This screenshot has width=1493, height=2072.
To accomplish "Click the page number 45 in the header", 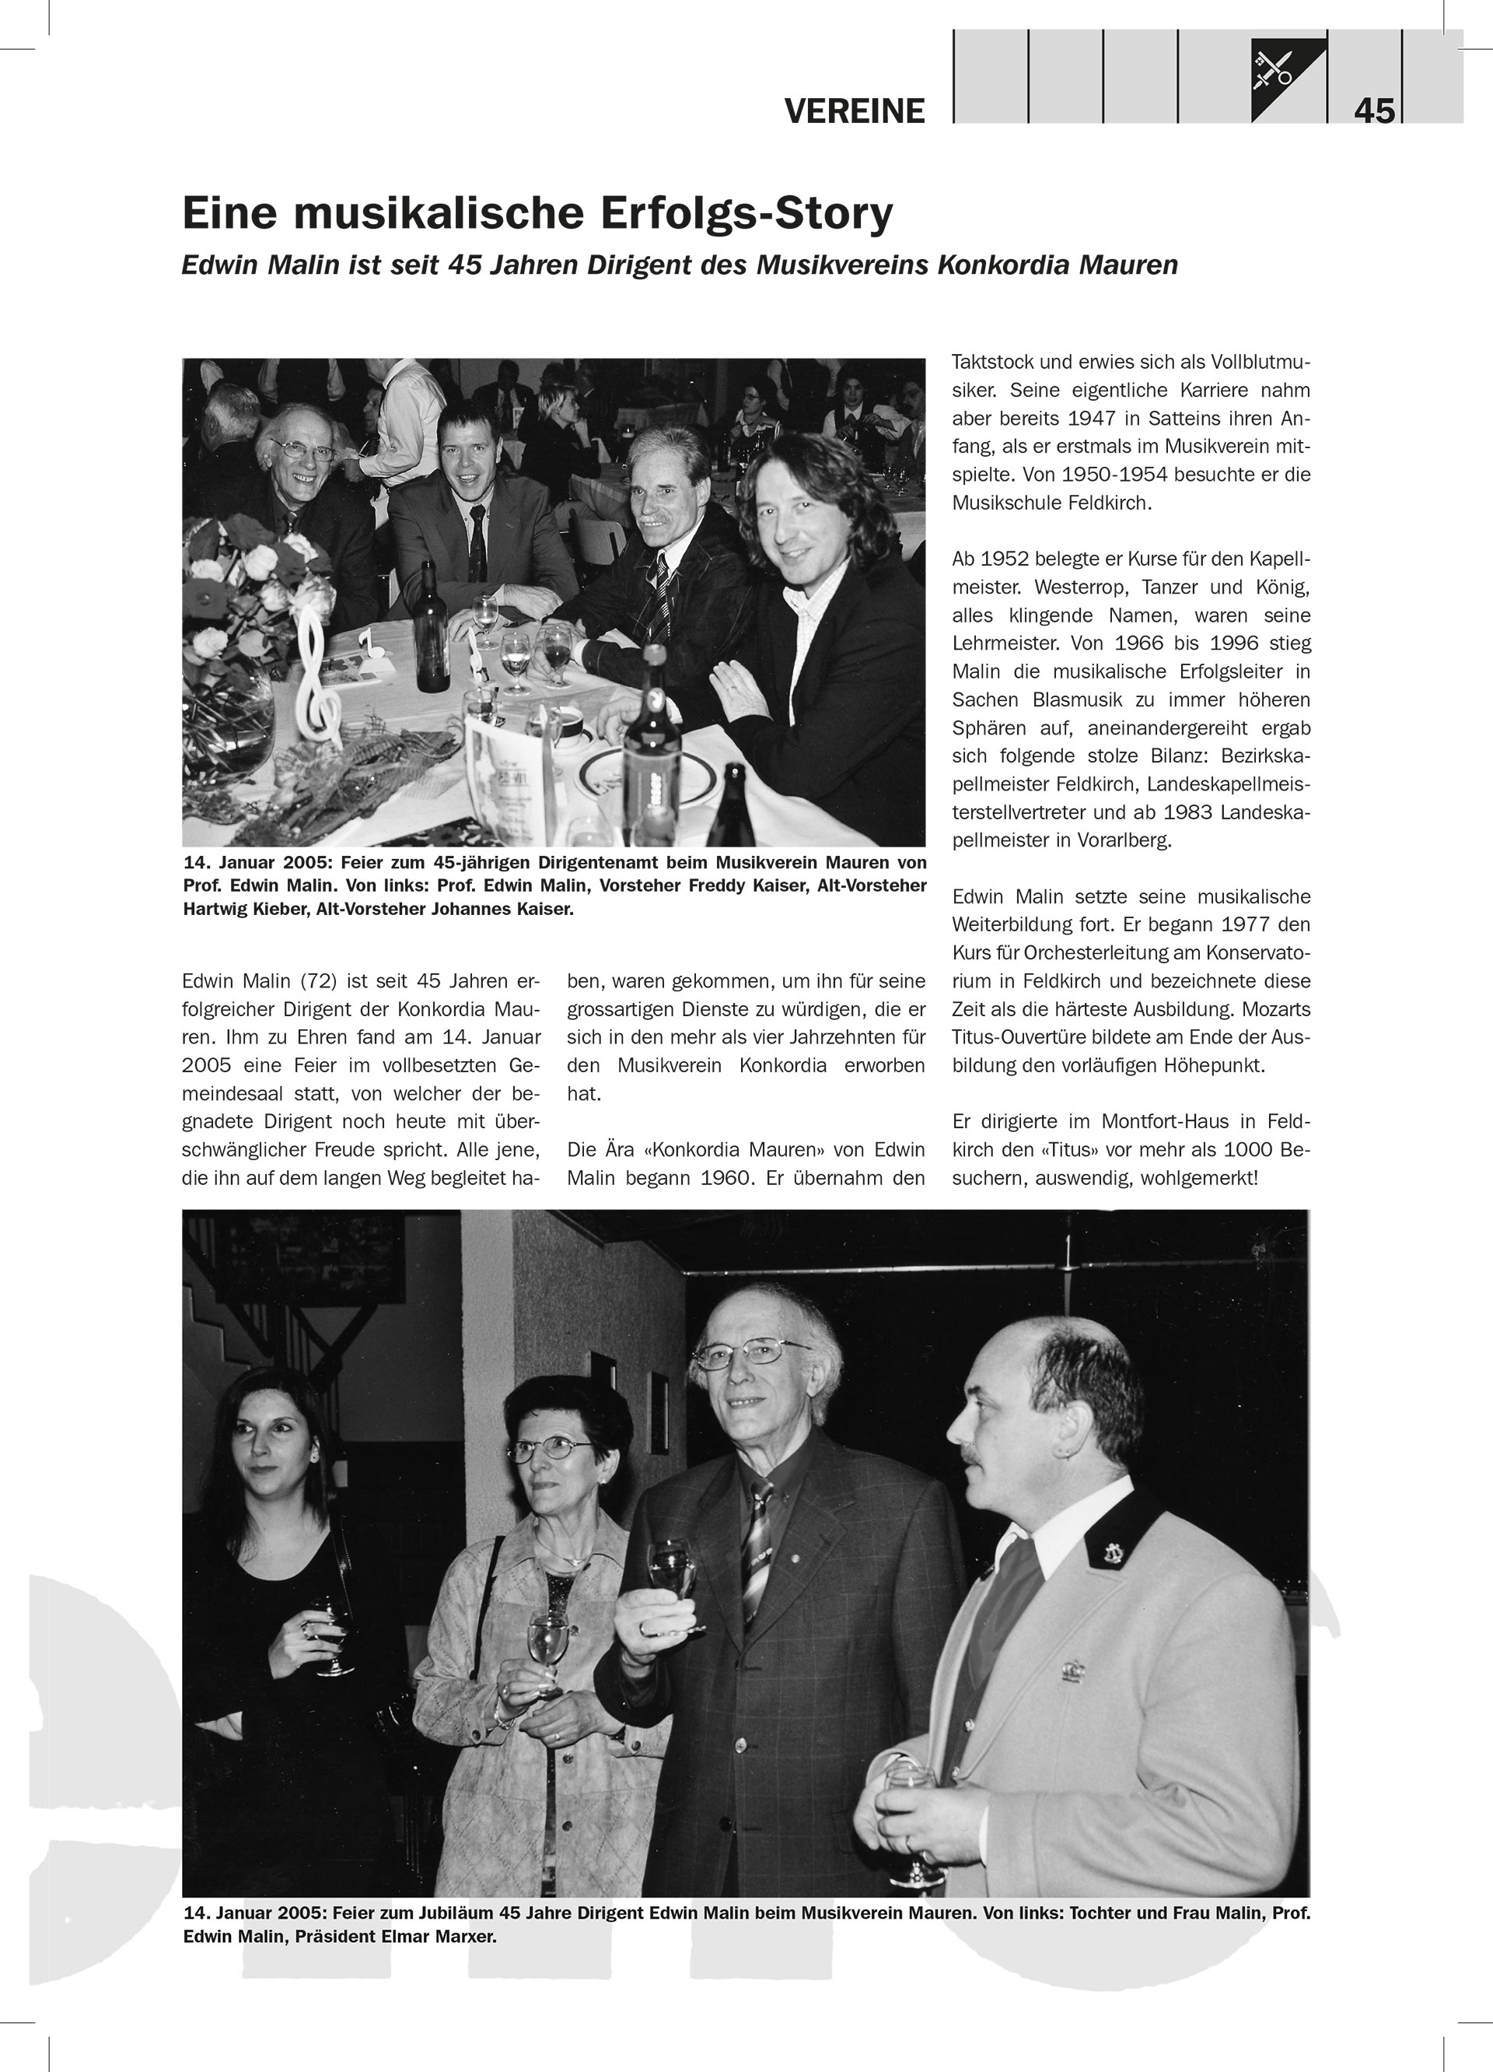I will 1374,110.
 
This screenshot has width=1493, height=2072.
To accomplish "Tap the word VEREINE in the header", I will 854,111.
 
